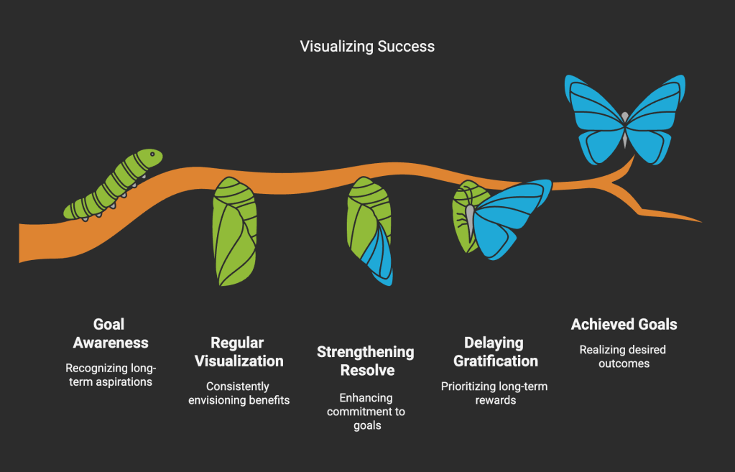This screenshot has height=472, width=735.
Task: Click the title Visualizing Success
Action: (x=367, y=47)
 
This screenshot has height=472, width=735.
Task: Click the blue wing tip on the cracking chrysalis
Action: (x=379, y=258)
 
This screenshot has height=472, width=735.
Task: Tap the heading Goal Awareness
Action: (x=110, y=333)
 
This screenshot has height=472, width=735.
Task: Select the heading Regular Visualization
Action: (x=237, y=351)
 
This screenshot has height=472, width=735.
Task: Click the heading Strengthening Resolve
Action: (x=365, y=361)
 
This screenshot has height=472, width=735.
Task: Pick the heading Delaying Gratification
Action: (x=495, y=351)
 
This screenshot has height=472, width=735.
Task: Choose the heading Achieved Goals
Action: (x=624, y=325)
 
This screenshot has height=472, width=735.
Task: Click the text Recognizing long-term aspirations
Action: (x=110, y=374)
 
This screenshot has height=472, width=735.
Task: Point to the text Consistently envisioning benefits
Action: (x=239, y=393)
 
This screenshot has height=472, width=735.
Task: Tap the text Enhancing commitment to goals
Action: (x=366, y=412)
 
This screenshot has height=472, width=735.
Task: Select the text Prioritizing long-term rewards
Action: (x=494, y=393)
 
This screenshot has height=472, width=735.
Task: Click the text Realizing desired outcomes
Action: (x=623, y=356)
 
